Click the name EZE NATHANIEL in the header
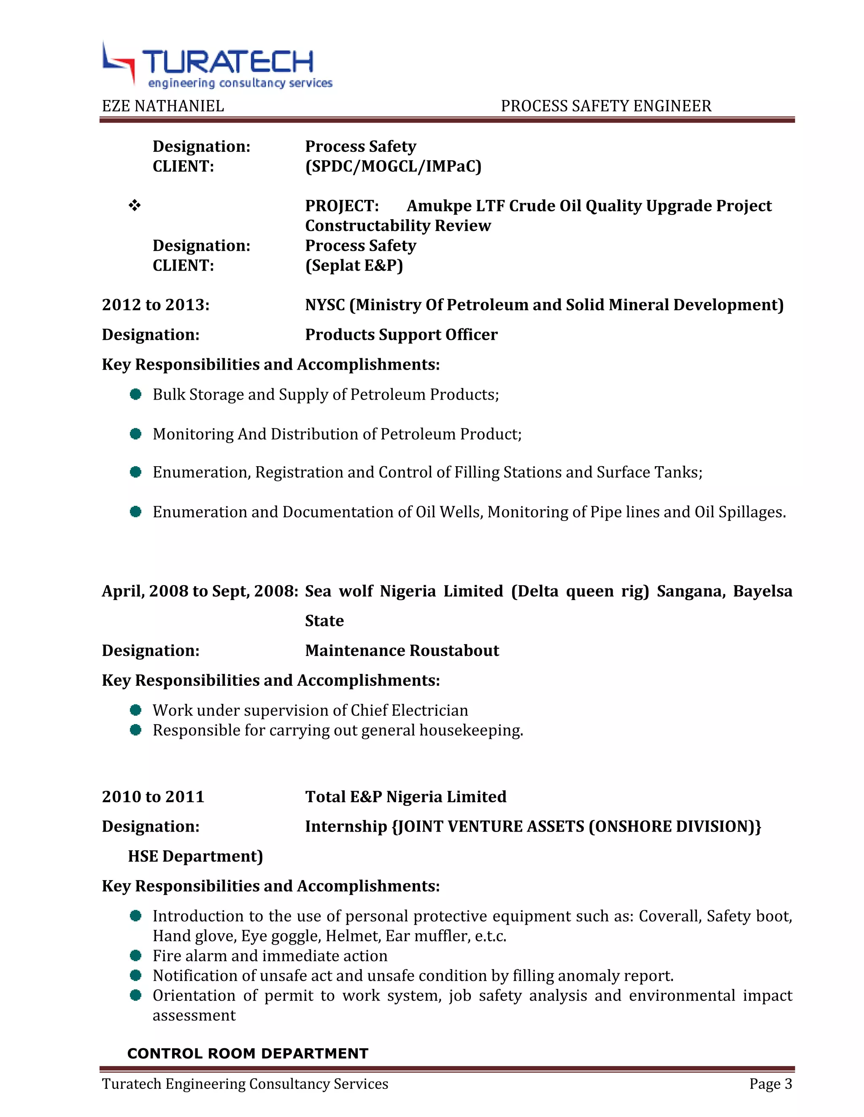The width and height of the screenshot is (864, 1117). (163, 106)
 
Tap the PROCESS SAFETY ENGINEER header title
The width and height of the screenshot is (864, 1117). (605, 106)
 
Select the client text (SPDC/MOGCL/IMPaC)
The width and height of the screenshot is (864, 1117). (393, 166)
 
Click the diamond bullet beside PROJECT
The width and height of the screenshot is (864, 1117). (135, 206)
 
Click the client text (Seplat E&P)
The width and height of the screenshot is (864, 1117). (354, 266)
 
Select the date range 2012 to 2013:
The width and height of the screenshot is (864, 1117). (156, 305)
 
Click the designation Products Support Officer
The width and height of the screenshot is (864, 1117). (401, 335)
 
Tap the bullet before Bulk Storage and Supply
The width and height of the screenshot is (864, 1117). (136, 395)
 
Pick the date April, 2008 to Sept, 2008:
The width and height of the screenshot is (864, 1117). (200, 591)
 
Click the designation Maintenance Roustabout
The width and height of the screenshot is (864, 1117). (402, 650)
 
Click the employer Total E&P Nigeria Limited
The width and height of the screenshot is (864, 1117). (405, 797)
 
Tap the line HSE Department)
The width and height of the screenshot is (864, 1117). (195, 856)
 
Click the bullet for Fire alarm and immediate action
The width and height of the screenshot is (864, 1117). (136, 956)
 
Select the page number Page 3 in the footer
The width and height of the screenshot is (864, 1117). (770, 1084)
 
